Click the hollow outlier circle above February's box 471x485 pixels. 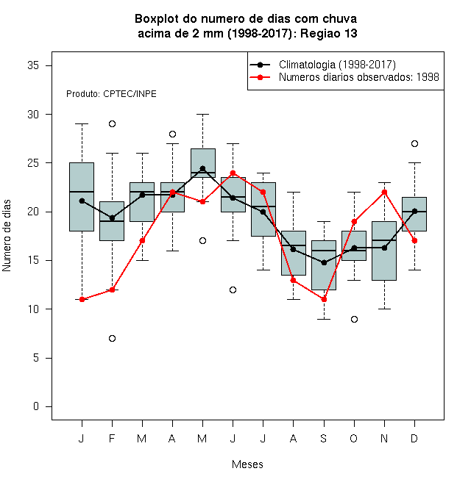pos(112,124)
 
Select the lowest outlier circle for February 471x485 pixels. pos(112,338)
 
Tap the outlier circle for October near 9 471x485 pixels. pos(354,319)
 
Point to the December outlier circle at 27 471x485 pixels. pos(414,143)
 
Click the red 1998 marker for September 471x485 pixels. pos(324,299)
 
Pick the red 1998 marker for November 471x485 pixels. pos(385,192)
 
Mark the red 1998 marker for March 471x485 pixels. pos(142,240)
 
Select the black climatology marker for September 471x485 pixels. pos(324,262)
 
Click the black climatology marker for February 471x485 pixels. pos(112,218)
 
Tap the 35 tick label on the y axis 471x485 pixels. pos(33,65)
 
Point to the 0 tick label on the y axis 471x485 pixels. pos(36,406)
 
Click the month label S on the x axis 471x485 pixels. pos(324,438)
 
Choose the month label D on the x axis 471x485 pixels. pos(414,438)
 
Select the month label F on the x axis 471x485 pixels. pos(112,438)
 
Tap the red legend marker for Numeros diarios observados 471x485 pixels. pos(261,77)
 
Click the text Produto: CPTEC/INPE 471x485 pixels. pos(111,94)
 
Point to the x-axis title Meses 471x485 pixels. pos(247,464)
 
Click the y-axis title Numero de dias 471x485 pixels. pos(7,236)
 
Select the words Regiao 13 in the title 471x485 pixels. pos(329,33)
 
